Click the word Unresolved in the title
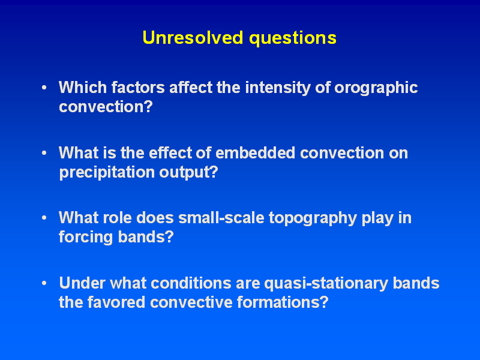pos(193,38)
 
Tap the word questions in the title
pos(293,38)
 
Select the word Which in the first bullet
pos(83,88)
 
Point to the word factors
pos(138,88)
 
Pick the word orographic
pos(376,88)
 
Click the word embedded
pos(256,153)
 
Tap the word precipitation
pos(107,173)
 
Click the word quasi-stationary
pos(326,284)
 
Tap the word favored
pos(116,302)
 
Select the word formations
pos(283,302)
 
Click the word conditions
pos(191,283)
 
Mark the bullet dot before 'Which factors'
pos(44,88)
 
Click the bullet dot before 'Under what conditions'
pos(44,283)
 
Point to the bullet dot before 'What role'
pos(44,218)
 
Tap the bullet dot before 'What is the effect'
pos(44,153)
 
